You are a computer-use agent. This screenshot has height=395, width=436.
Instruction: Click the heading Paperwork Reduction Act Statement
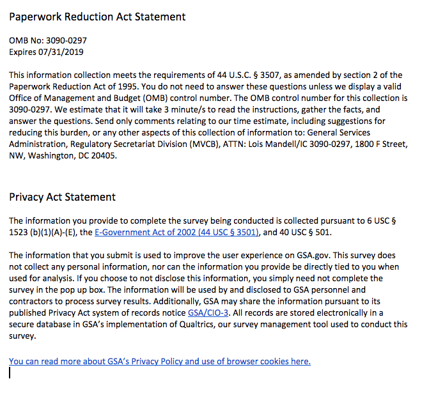tap(97, 17)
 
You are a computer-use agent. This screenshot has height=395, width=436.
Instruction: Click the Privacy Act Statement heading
tap(62, 197)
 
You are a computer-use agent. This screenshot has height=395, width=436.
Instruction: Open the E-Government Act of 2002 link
tap(177, 233)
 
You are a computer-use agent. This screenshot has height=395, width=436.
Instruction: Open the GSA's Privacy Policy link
tap(159, 361)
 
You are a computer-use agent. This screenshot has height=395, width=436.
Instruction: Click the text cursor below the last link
tap(10, 373)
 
